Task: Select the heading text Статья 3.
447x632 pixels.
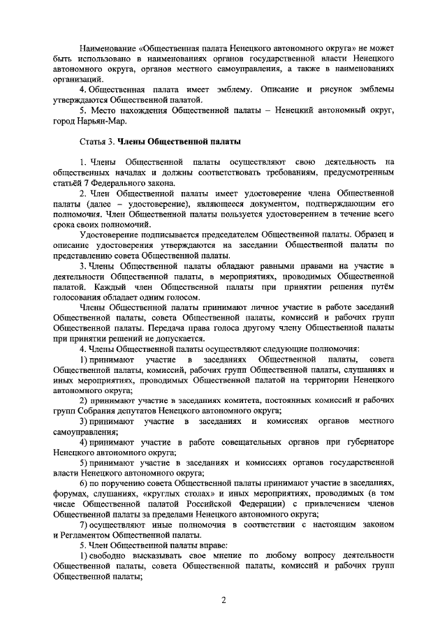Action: (96, 142)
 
